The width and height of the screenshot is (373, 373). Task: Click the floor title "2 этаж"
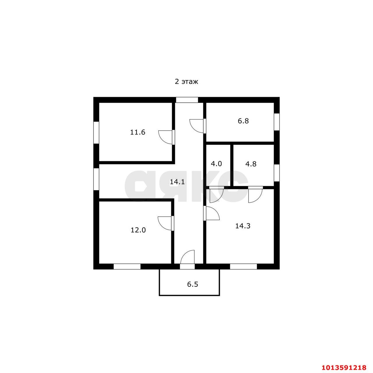click(186, 82)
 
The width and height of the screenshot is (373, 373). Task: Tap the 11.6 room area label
click(138, 132)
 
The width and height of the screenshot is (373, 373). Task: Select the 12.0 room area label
click(138, 230)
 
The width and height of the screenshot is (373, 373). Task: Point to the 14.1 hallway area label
click(177, 182)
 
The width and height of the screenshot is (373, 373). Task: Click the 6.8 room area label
click(243, 121)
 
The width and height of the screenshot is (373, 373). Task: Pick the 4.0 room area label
click(216, 164)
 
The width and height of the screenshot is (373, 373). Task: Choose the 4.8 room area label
click(251, 164)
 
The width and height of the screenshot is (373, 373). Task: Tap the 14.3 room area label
click(243, 226)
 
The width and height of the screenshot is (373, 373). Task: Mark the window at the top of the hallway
click(187, 100)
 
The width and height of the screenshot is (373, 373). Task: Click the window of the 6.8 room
click(277, 122)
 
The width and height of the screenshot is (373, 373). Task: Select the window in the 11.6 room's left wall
click(96, 132)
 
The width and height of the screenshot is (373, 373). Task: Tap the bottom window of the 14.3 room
click(243, 266)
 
